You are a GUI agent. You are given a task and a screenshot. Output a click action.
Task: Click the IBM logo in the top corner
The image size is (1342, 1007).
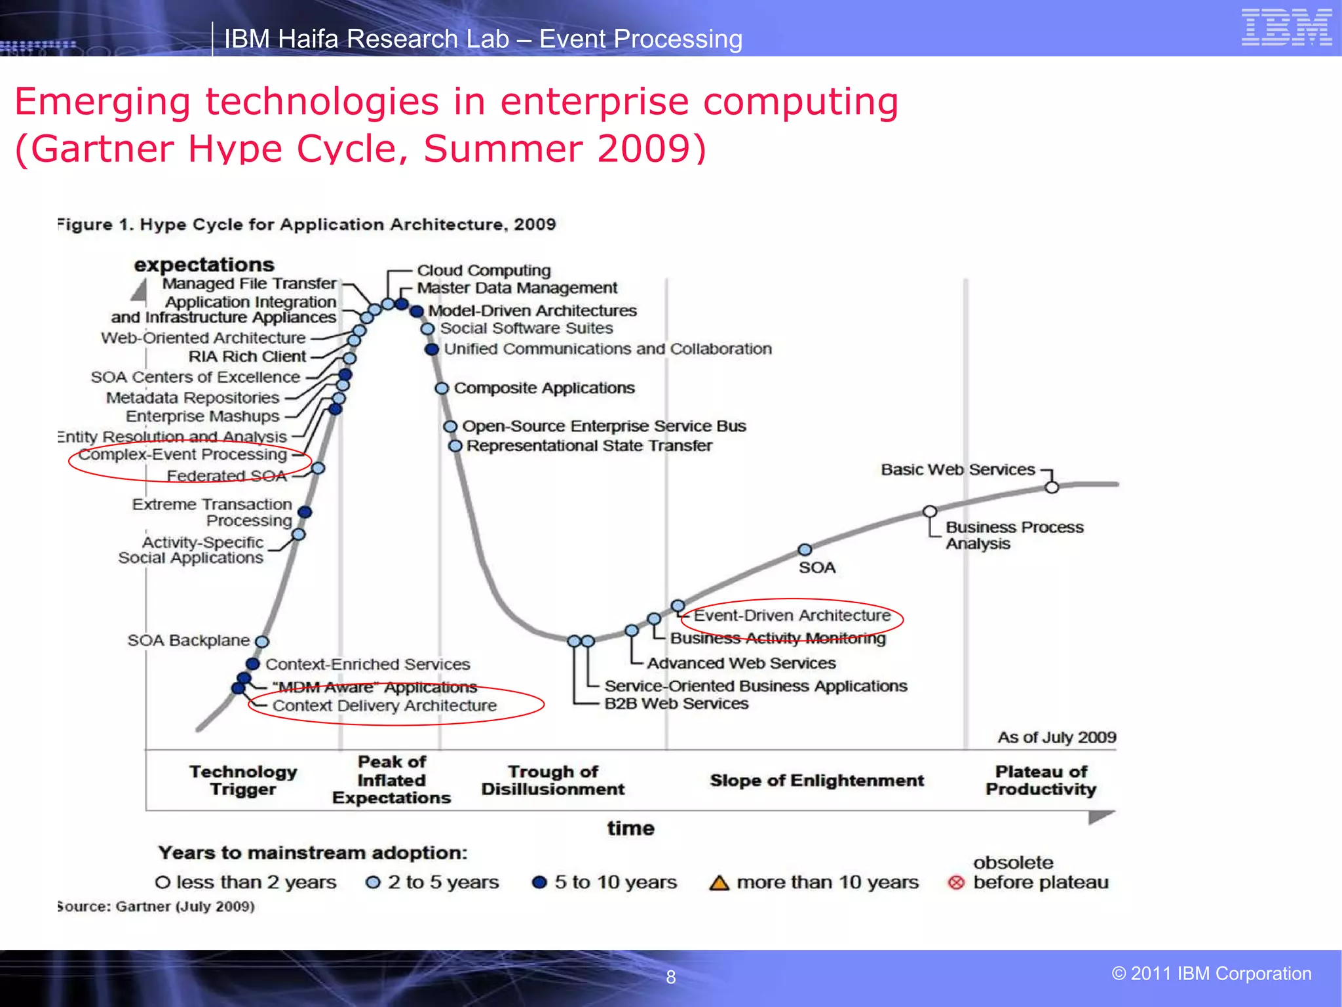pos(1286,28)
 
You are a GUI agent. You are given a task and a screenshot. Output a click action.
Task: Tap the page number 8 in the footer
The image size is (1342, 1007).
pos(670,977)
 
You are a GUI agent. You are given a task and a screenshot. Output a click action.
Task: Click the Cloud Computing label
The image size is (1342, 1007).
pos(484,270)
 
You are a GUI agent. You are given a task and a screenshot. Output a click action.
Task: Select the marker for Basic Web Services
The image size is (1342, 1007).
pos(1052,487)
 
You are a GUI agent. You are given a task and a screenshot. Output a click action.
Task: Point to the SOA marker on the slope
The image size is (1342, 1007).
pos(805,549)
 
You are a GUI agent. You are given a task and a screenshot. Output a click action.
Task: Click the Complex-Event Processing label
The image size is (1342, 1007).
pos(183,454)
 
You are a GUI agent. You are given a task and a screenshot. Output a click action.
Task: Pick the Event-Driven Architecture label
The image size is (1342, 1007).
pos(792,615)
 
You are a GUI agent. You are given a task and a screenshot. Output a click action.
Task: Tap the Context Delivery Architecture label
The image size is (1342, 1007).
pos(385,705)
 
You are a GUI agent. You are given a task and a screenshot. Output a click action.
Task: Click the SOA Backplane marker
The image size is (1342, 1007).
pos(262,641)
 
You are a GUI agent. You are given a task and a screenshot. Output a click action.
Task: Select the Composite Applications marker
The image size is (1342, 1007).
pos(442,388)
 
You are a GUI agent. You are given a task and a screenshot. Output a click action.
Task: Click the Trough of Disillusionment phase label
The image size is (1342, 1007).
pos(553,780)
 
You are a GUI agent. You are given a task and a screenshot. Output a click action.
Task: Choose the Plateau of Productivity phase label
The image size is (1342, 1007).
pos(1041,780)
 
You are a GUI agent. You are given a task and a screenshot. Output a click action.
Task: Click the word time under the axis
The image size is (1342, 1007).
pos(630,828)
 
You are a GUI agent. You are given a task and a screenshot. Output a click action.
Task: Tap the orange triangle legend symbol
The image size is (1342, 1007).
pos(719,882)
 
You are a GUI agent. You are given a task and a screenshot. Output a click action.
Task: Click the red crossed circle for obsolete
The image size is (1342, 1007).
pos(956,882)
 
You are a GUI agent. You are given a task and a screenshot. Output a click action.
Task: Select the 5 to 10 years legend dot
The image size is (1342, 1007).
pos(539,882)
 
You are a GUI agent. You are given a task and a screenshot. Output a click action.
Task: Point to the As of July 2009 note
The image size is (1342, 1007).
pos(1056,737)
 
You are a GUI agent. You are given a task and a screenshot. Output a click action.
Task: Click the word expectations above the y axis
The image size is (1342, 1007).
pos(204,264)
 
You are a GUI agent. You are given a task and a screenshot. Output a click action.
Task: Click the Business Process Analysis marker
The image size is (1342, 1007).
pos(930,511)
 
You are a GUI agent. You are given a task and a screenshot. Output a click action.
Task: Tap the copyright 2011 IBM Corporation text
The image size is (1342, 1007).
pos(1211,974)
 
